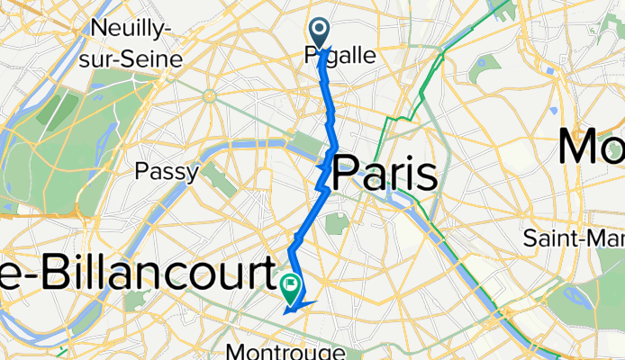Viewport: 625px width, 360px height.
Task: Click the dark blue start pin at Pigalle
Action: click(322, 31)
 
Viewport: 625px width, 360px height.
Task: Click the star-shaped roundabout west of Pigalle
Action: click(209, 94)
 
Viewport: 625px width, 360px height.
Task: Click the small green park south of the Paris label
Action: click(334, 222)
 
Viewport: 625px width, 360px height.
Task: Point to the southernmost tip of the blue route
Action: click(286, 312)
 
